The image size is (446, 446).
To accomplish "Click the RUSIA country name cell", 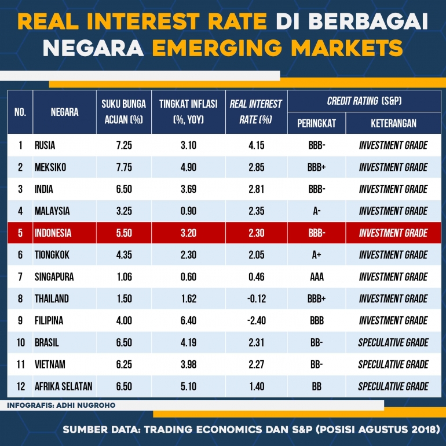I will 45,145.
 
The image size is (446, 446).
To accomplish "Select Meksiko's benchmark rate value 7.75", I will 123,167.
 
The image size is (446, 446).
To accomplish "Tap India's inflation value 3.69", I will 188,189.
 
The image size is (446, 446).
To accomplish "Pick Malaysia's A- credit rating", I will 316,211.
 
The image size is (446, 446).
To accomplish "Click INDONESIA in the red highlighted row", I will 53,233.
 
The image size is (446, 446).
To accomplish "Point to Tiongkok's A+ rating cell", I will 316,255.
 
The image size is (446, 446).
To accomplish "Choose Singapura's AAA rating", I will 316,277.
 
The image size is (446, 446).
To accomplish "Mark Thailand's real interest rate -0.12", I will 255,299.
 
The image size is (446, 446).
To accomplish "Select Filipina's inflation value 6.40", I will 188,321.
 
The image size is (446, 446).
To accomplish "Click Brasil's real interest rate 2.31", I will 256,343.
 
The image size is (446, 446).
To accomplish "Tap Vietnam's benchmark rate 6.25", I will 123,364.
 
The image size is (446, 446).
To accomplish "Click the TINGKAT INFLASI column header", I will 188,104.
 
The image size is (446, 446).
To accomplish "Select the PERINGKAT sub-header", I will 316,123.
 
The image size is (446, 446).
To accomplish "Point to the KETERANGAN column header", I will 393,123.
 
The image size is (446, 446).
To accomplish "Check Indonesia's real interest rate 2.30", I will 256,233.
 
